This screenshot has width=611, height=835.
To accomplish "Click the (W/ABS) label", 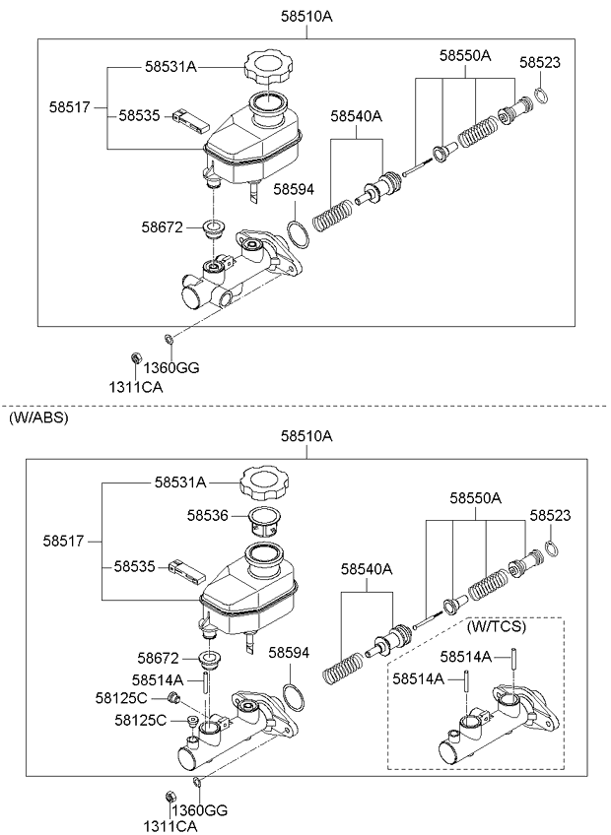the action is (x=38, y=418).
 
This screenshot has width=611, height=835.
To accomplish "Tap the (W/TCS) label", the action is (x=496, y=627).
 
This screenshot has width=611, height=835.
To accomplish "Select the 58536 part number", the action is (x=207, y=516).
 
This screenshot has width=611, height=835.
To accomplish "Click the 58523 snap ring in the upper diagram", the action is (x=540, y=95).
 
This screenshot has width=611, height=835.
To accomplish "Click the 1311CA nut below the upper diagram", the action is (x=135, y=357).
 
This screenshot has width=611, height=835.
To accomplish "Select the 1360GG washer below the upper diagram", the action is (x=168, y=338).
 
